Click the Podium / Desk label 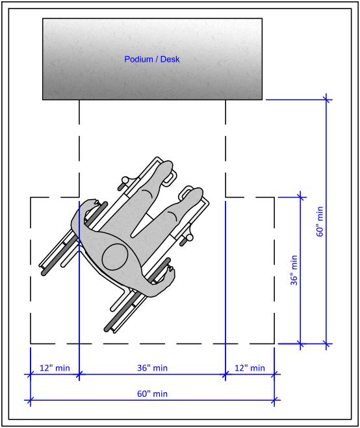click(x=152, y=59)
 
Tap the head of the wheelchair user click(x=115, y=257)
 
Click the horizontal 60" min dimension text click(x=152, y=394)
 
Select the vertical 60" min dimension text click(x=320, y=221)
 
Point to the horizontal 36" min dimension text click(x=152, y=368)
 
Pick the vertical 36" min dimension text click(x=294, y=270)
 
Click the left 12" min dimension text click(x=55, y=368)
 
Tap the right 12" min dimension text click(x=250, y=368)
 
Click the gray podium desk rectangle click(x=153, y=59)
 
